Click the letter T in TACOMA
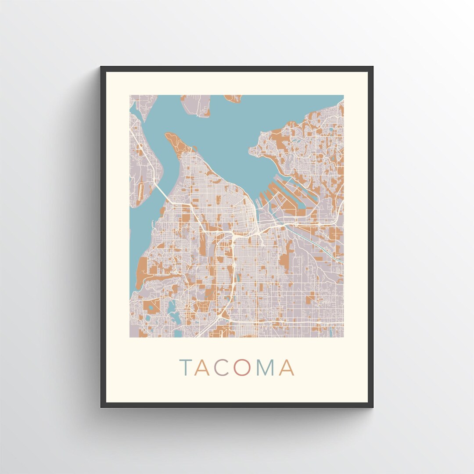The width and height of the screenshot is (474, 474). (x=186, y=368)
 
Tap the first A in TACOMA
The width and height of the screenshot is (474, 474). (x=202, y=368)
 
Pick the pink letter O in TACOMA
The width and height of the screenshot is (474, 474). (x=241, y=368)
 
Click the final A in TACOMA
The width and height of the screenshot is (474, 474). (x=286, y=368)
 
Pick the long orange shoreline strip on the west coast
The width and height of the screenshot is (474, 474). (x=143, y=272)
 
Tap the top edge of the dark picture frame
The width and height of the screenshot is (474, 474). (x=237, y=69)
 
